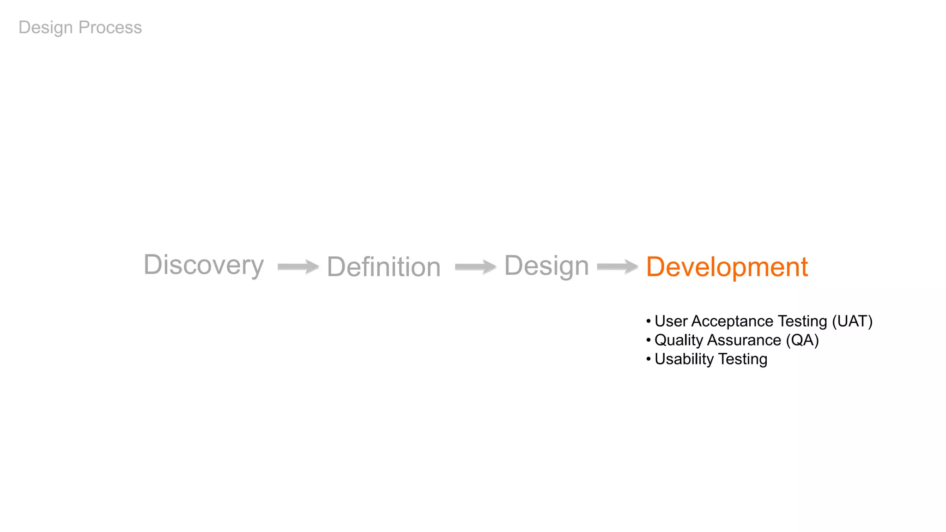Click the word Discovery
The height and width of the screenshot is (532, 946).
point(204,265)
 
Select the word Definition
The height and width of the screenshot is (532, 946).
point(383,267)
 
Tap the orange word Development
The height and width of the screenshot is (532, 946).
point(727,267)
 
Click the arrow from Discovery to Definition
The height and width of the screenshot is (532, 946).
point(298,266)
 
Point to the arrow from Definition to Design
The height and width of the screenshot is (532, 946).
point(475,266)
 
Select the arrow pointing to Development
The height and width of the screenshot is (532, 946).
point(618,266)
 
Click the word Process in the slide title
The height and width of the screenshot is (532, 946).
point(110,28)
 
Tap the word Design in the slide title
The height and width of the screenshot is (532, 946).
point(46,28)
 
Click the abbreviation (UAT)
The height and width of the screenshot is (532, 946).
point(852,321)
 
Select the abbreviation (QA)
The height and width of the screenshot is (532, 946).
point(802,340)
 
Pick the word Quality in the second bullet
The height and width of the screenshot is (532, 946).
point(679,340)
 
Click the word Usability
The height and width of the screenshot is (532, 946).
point(684,359)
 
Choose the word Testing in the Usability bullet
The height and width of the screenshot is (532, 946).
point(742,359)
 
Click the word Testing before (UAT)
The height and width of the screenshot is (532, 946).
point(802,321)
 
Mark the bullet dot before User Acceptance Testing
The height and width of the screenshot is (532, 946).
point(649,321)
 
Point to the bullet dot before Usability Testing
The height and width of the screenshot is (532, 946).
point(649,359)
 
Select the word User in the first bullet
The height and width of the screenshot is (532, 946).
point(671,321)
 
